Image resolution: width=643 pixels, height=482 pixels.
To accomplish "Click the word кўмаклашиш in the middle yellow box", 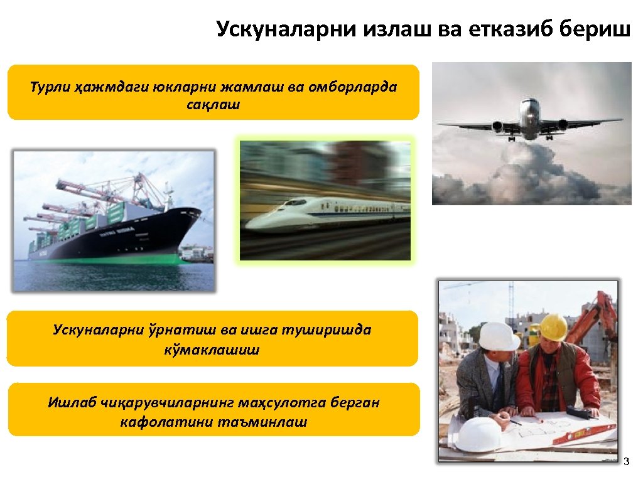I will tap(211, 349).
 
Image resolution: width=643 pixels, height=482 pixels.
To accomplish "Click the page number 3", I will tap(625, 463).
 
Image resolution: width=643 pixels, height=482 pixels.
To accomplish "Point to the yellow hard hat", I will tap(553, 326).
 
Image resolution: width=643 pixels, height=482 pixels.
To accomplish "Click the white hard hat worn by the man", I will tap(499, 336).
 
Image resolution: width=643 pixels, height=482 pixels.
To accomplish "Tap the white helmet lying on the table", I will tap(477, 434).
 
